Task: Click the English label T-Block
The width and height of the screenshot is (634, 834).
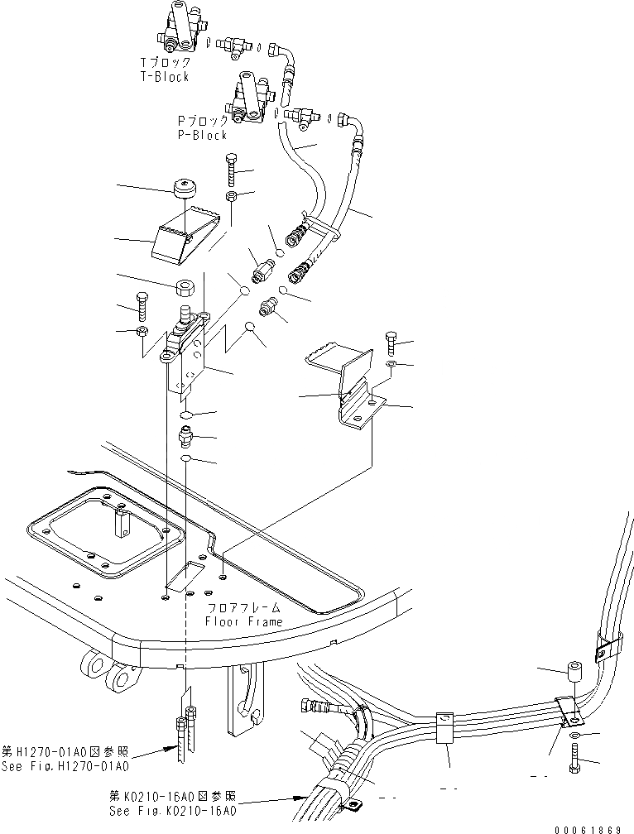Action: pyautogui.click(x=165, y=77)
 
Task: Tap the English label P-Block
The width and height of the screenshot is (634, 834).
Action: pyautogui.click(x=202, y=135)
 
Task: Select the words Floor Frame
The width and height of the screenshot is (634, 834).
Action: pyautogui.click(x=244, y=621)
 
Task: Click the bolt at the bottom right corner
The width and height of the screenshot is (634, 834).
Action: pyautogui.click(x=574, y=757)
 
